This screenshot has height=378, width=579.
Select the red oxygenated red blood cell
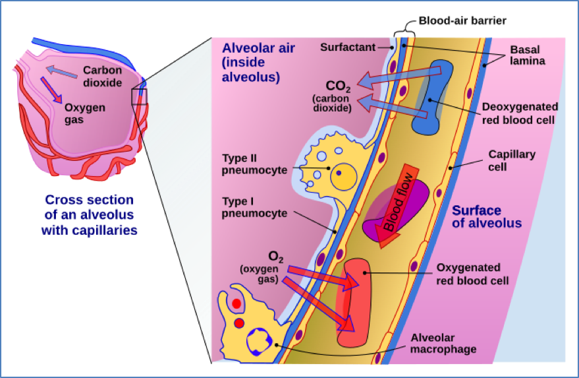coord(356,303)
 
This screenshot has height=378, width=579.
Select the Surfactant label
coord(348,47)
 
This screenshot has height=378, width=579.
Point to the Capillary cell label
coord(512,160)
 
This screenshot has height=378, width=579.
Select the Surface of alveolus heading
coord(486,217)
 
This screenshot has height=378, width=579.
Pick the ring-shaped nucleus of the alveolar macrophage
coord(259,342)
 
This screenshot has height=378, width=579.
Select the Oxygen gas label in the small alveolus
coord(84,113)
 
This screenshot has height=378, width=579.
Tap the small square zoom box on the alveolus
coord(140,97)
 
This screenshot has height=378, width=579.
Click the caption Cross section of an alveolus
coord(89,214)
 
